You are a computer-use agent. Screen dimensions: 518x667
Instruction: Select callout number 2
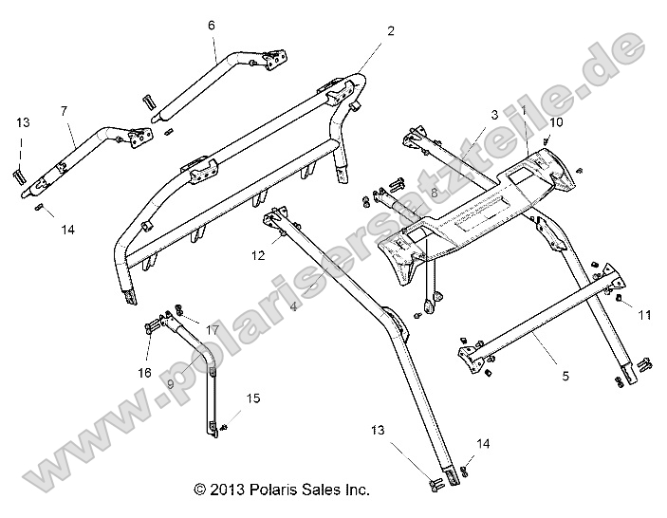point(391,30)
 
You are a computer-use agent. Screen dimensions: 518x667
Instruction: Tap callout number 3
point(494,114)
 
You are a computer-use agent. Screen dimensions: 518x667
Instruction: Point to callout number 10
point(556,122)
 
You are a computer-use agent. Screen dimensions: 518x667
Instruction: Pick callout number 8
point(434,193)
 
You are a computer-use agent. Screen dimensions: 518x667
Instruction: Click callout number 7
point(64,111)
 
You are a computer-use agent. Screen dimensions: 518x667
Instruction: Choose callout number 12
point(257,254)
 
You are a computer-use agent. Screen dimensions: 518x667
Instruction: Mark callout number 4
point(293,307)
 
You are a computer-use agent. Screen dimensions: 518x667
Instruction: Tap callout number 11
point(644,313)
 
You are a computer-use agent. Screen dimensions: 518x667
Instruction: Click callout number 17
point(213,330)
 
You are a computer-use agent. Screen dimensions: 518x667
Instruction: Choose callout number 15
point(251,398)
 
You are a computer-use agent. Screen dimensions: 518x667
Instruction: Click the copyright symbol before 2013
point(199,490)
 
